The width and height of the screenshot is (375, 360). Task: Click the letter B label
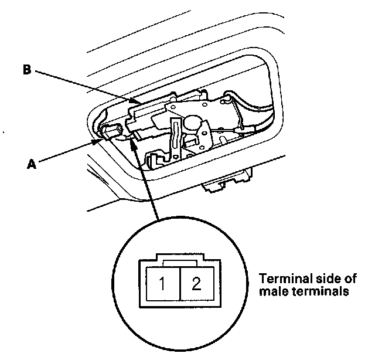click(x=27, y=71)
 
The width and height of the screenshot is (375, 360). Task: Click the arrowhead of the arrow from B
click(x=132, y=101)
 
